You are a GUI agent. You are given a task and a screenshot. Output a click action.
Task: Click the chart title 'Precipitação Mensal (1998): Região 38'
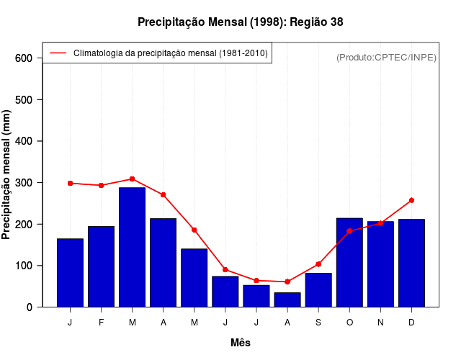(x=240, y=22)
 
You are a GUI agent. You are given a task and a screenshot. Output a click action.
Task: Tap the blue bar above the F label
(x=101, y=266)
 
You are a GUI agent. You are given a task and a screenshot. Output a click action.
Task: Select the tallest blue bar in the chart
(x=132, y=247)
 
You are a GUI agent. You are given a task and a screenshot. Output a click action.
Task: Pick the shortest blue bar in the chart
(x=287, y=300)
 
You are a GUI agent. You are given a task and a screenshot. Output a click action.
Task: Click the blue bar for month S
(x=318, y=290)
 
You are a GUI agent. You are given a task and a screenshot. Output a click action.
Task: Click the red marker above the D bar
(x=411, y=200)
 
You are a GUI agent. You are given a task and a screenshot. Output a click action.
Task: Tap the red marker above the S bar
(x=318, y=264)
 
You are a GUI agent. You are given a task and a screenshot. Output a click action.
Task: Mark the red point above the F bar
(x=101, y=185)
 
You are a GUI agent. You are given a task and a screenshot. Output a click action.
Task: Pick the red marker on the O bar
(x=349, y=231)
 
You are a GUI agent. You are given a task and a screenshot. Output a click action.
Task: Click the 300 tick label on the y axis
(x=24, y=183)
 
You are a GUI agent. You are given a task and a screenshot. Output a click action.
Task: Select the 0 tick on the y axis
(x=30, y=307)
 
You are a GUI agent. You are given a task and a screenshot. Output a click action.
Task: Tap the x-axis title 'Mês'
(x=241, y=343)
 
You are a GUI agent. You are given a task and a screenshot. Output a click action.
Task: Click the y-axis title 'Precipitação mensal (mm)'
(x=7, y=174)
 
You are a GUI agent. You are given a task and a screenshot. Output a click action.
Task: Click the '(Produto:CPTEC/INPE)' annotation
(x=386, y=57)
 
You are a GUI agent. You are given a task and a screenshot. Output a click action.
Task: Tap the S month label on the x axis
(x=318, y=323)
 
